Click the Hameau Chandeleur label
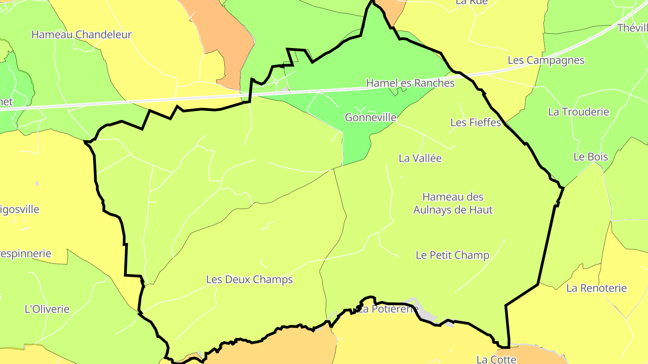point(81,35)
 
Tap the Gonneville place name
point(370,118)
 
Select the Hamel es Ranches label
point(410,83)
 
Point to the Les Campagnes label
point(546,60)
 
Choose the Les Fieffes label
point(476,122)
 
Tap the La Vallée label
point(420,158)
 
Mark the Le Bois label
point(590,157)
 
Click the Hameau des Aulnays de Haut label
point(453,203)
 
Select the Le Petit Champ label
point(452,255)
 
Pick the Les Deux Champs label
point(249,280)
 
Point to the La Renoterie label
point(596,288)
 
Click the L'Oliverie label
point(47,309)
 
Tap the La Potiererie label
point(389,309)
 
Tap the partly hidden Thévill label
point(632,28)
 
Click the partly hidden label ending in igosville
point(20,209)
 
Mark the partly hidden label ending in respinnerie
point(26,253)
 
